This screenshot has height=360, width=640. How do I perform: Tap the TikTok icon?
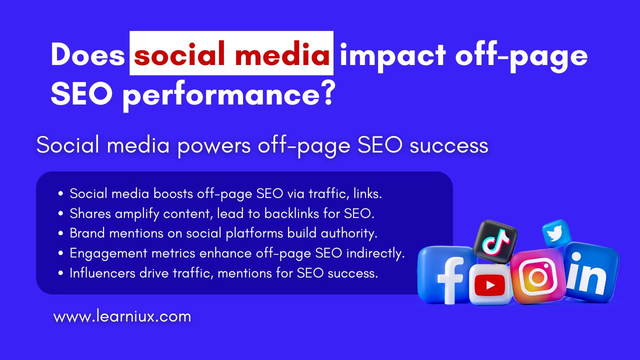[495, 241]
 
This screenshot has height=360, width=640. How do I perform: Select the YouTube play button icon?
[489, 284]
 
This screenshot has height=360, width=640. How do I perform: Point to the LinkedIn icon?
[590, 273]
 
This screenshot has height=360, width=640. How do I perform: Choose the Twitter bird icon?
[555, 233]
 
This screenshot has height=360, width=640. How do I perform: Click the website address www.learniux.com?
[122, 316]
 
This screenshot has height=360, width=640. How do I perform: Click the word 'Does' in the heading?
[88, 54]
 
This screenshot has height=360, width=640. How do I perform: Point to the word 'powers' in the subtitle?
[214, 145]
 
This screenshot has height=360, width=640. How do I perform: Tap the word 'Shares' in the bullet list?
[90, 213]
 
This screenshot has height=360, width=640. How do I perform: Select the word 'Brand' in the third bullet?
[87, 233]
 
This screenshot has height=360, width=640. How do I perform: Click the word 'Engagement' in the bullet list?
[108, 253]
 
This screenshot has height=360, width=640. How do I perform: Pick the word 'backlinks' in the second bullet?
[291, 213]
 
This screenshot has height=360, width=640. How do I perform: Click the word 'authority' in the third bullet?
[349, 233]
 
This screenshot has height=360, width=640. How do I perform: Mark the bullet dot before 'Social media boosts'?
[60, 193]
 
